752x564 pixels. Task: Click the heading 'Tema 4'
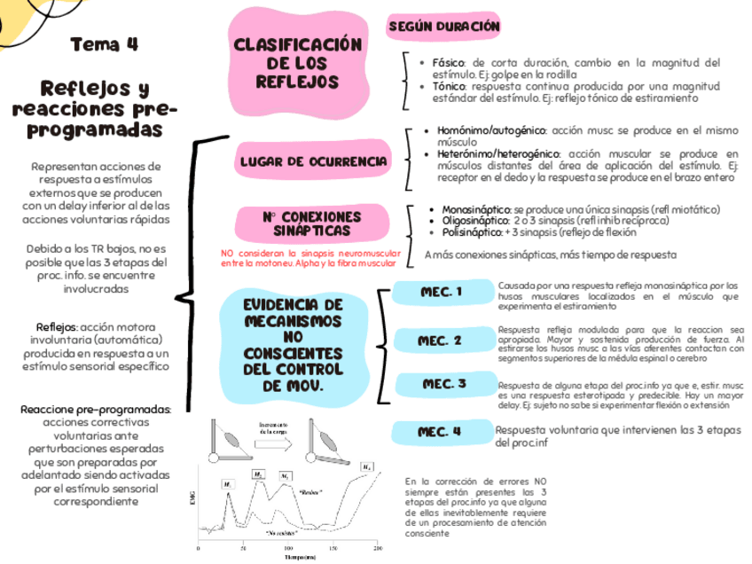tap(104, 44)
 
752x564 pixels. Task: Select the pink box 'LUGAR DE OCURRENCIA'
tap(313, 162)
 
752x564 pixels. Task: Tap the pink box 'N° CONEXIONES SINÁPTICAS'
tap(311, 223)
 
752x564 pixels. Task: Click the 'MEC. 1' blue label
tap(441, 292)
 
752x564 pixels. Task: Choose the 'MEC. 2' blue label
tap(440, 341)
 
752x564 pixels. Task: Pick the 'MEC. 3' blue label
tap(443, 384)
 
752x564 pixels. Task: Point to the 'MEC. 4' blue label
tap(440, 432)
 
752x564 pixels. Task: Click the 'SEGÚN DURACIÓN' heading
tap(443, 27)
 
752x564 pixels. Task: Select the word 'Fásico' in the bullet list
tap(449, 63)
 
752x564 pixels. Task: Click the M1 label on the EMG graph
tap(227, 485)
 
